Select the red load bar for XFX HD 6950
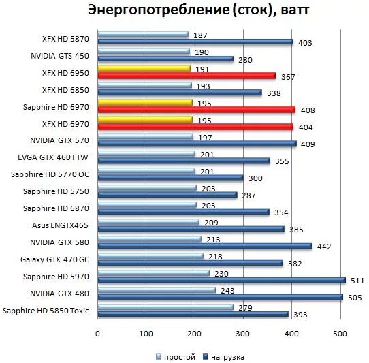(187, 76)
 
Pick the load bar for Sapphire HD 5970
(221, 280)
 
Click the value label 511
(357, 280)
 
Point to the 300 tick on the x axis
(243, 333)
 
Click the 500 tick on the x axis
(340, 333)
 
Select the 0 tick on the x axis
(98, 333)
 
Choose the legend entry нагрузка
(227, 356)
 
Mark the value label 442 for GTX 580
(324, 247)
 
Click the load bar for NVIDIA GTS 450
(165, 59)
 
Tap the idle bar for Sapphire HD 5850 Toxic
(165, 306)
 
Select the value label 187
(201, 35)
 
